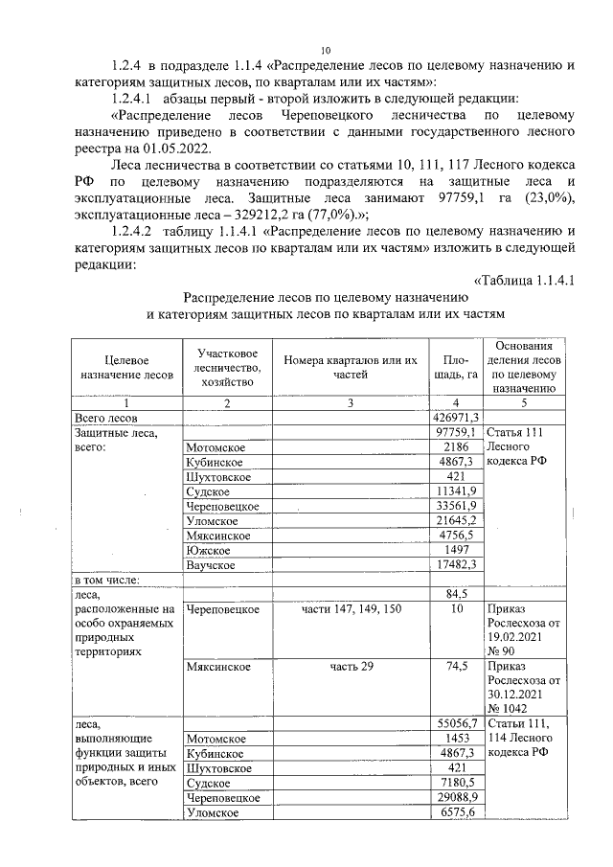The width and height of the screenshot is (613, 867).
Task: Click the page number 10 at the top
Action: point(326,50)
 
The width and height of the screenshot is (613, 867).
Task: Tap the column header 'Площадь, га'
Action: point(456,367)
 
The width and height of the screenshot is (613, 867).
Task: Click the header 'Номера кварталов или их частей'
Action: point(351,367)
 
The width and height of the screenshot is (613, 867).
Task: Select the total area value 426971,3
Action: point(456,419)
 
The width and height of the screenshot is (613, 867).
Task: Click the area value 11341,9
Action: point(456,491)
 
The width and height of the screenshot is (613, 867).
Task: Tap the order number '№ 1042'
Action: point(509,709)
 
